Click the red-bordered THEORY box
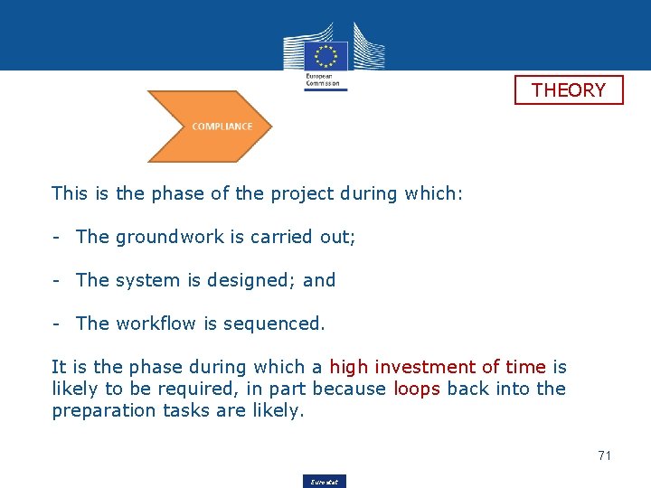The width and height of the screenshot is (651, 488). pyautogui.click(x=569, y=90)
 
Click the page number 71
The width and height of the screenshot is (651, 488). pyautogui.click(x=604, y=455)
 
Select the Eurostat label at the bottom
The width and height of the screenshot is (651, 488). pyautogui.click(x=325, y=482)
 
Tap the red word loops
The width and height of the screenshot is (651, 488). pyautogui.click(x=418, y=389)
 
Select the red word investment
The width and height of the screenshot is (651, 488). pyautogui.click(x=424, y=367)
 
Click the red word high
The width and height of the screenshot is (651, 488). pyautogui.click(x=348, y=367)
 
